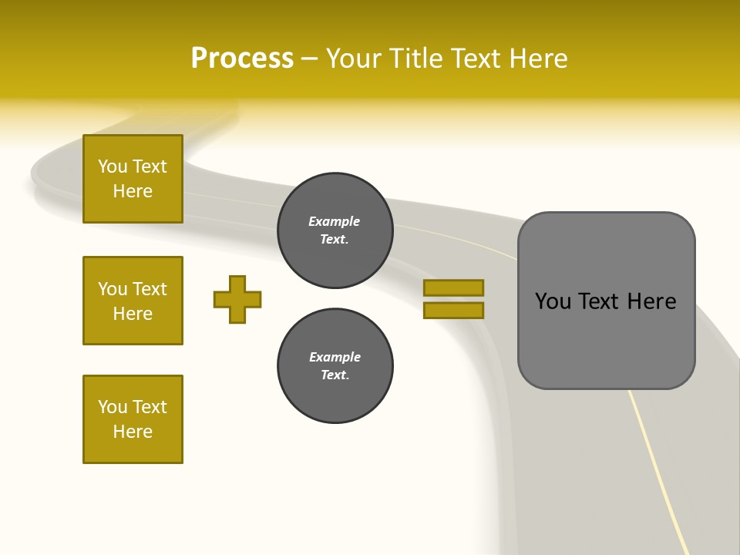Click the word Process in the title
click(242, 58)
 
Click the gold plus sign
click(237, 299)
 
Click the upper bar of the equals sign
click(453, 288)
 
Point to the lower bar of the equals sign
click(453, 311)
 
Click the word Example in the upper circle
click(335, 221)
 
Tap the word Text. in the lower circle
click(335, 375)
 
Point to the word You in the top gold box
click(113, 166)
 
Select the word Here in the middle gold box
click(133, 314)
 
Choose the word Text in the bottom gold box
click(150, 407)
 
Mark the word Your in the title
click(354, 58)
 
